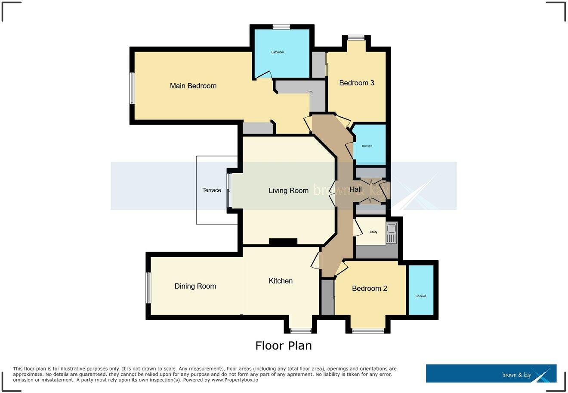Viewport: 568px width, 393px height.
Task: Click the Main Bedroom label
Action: [193, 86]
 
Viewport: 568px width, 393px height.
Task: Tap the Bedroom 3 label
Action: [356, 83]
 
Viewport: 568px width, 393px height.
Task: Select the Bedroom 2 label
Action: [369, 288]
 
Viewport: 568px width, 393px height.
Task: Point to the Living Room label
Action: [288, 190]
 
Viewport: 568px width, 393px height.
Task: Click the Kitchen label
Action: [281, 281]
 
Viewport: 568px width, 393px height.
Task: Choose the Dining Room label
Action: [195, 286]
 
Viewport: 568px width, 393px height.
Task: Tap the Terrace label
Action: [212, 190]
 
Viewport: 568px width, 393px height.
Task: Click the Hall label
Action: [355, 189]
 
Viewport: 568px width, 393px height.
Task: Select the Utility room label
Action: [374, 232]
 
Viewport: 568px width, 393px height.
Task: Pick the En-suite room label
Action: [420, 296]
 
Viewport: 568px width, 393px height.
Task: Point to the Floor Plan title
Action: [283, 346]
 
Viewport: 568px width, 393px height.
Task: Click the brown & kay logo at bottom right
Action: [491, 374]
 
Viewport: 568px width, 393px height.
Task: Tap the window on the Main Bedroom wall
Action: [133, 88]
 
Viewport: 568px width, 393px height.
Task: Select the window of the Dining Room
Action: [148, 287]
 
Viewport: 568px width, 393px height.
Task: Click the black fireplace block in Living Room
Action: [283, 242]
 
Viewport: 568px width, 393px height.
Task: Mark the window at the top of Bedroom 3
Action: [356, 38]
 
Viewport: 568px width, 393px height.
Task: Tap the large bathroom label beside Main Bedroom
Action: [278, 52]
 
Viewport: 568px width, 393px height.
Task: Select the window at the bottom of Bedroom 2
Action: [368, 331]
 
